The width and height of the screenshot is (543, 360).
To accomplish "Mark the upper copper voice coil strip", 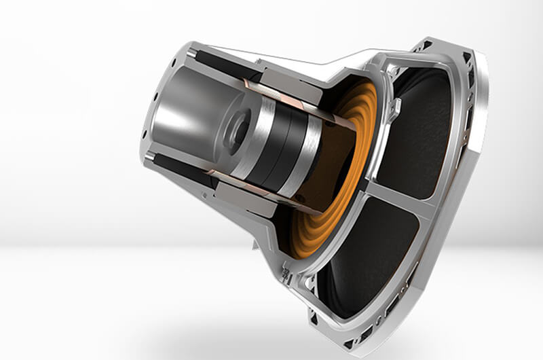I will (285, 98).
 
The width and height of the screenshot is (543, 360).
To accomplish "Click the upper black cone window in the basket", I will (421, 129).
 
